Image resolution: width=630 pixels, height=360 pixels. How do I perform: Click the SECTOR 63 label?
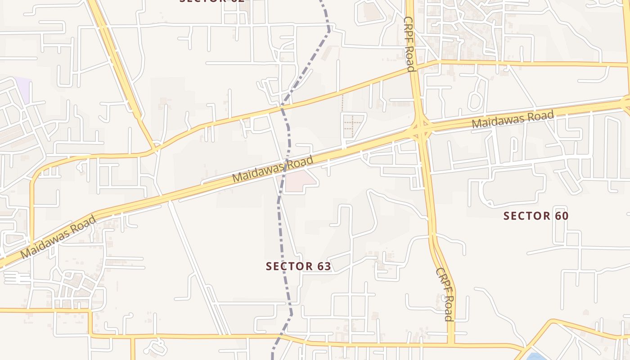pos(298,266)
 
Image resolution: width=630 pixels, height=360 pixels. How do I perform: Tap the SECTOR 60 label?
pos(535,216)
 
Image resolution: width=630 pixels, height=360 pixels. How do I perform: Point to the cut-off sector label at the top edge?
pos(211,1)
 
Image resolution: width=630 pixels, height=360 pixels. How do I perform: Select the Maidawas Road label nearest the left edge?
pos(58,237)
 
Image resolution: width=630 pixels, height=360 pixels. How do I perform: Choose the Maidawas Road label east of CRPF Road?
pos(513,120)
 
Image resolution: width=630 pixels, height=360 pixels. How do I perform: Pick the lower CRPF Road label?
pos(444,295)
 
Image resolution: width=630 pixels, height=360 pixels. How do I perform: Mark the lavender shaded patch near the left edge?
pos(22,89)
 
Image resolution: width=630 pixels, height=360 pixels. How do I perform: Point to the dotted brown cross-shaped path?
pos(352,125)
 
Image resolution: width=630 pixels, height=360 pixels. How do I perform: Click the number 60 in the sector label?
pos(561,216)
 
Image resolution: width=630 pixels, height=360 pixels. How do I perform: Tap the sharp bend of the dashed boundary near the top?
pos(329,31)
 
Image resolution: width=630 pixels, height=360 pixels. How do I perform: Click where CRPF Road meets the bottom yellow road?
pos(452,345)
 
